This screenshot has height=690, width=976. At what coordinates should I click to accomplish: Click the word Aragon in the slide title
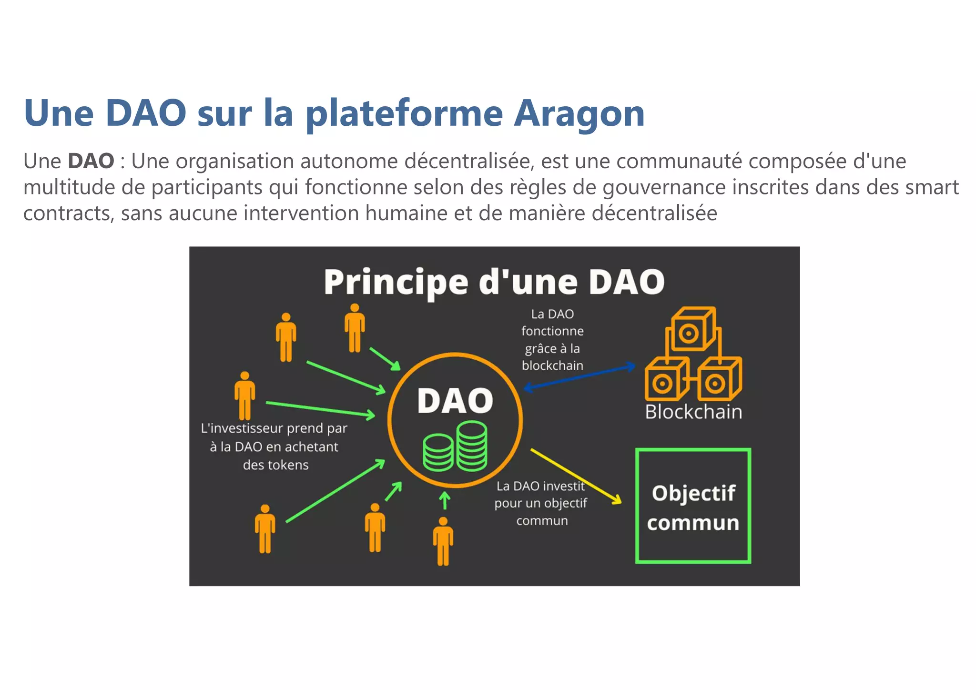click(x=579, y=114)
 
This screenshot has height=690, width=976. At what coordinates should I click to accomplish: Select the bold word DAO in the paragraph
click(x=91, y=161)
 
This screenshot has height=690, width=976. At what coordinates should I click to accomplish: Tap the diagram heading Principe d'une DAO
click(x=494, y=282)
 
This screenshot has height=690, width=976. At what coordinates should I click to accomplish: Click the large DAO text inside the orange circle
click(x=455, y=400)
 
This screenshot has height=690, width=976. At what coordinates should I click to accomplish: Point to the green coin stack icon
click(x=455, y=446)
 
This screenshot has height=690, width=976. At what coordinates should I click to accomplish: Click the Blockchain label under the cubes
click(x=693, y=412)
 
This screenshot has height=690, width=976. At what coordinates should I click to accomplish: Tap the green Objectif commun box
click(x=693, y=506)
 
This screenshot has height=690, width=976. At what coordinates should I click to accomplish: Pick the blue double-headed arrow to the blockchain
click(x=579, y=377)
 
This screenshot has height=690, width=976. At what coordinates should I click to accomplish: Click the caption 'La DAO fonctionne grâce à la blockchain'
click(x=552, y=340)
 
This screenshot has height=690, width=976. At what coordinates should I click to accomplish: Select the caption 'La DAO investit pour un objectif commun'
click(x=541, y=503)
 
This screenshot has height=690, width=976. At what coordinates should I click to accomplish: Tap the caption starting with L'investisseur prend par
click(x=274, y=446)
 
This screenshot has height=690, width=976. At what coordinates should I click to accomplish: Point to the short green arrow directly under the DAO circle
click(x=445, y=501)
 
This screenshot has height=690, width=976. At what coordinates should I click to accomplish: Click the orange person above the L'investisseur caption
click(x=244, y=395)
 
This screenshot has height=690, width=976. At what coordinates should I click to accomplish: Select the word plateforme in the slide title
click(x=404, y=114)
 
